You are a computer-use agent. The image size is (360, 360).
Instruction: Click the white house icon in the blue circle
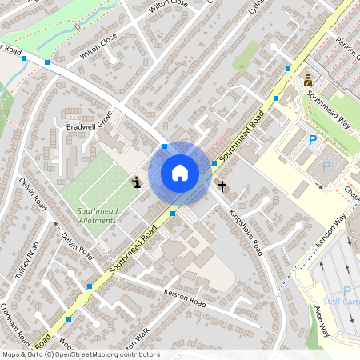180,173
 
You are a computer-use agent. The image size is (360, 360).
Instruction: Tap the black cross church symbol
222,186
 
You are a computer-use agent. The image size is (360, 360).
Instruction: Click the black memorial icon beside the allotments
137,182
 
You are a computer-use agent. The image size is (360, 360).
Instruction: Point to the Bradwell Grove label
89,126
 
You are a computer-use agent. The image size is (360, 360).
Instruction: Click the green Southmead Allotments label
97,215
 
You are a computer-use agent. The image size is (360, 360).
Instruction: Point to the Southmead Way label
330,109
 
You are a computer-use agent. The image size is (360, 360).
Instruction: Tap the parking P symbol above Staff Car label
346,291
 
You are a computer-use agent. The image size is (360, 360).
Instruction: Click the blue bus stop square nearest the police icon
288,70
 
